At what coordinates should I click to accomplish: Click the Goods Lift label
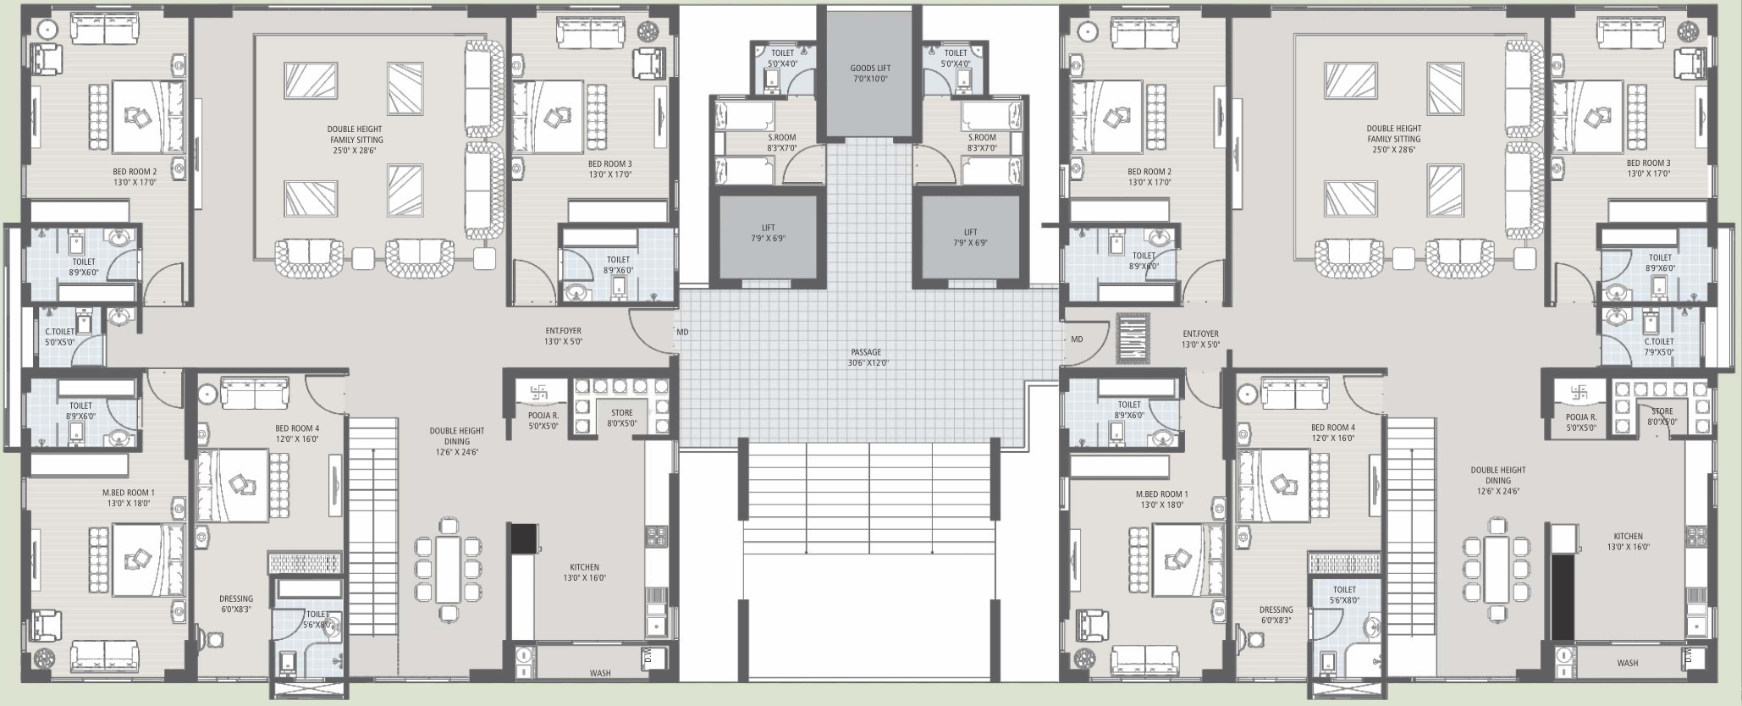click(870, 68)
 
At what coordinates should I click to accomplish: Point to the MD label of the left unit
click(682, 333)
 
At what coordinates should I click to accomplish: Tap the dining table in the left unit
click(449, 569)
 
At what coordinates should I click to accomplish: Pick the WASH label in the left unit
click(600, 674)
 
